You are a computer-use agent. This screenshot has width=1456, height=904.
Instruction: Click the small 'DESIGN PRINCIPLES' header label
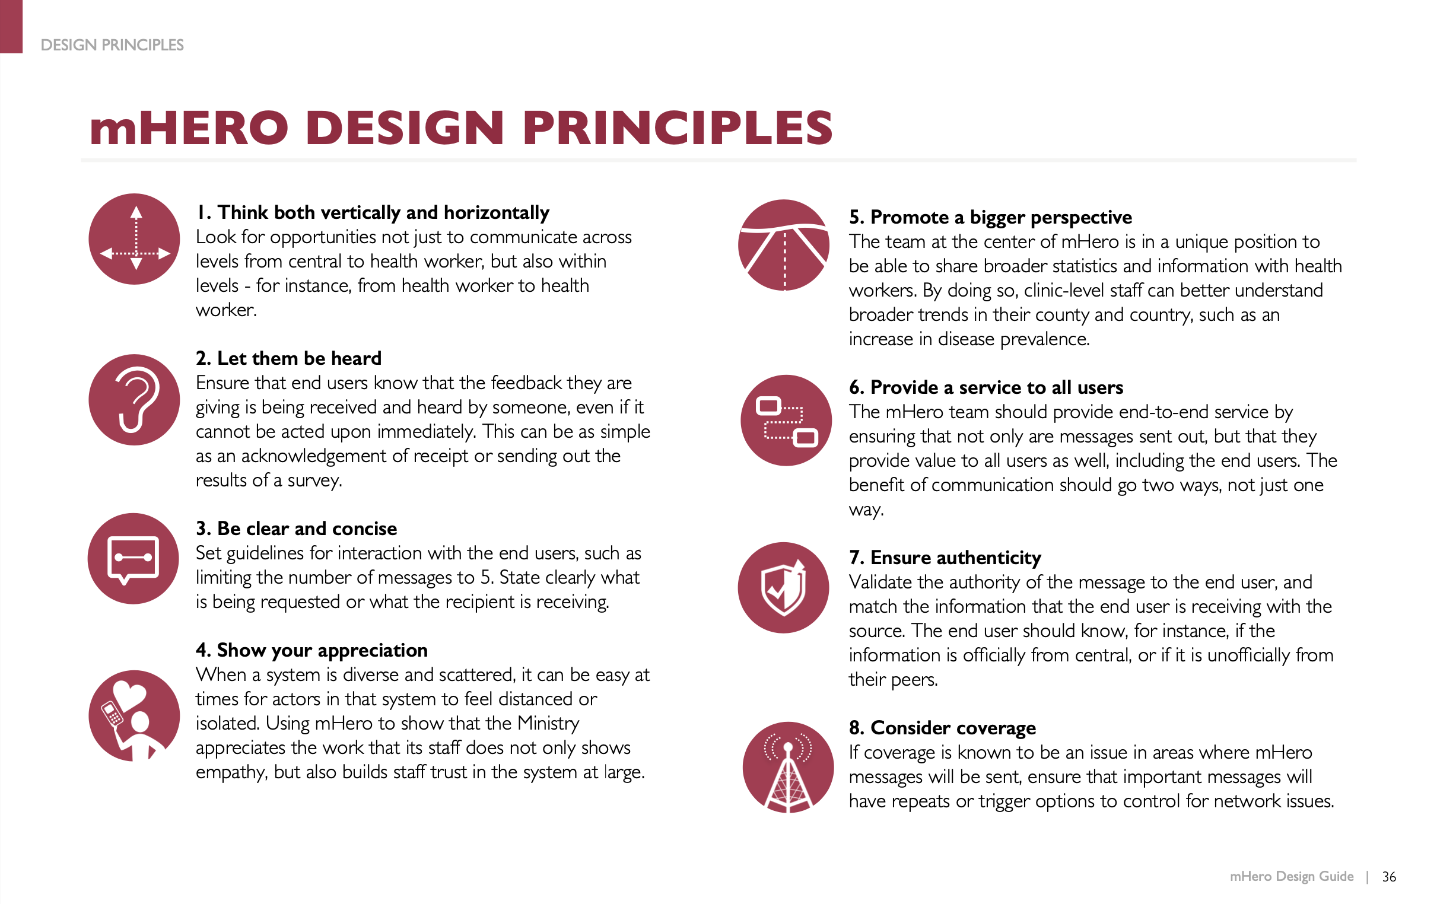[112, 46]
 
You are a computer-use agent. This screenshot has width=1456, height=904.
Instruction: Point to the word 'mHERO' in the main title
[190, 129]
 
